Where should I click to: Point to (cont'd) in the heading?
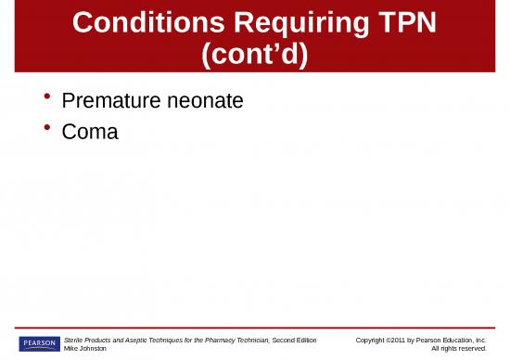pyautogui.click(x=255, y=54)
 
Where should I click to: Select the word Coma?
pyautogui.click(x=90, y=131)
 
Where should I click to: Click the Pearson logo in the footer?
pyautogui.click(x=38, y=343)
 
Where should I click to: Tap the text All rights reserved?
pyautogui.click(x=459, y=349)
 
